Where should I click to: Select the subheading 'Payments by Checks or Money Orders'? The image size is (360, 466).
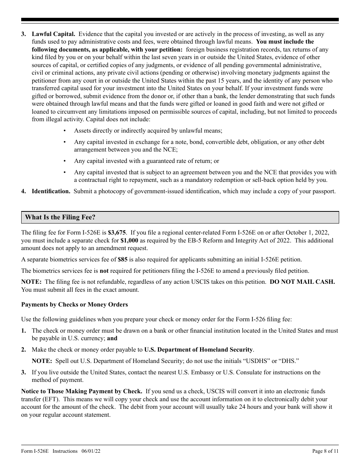[x=75, y=305]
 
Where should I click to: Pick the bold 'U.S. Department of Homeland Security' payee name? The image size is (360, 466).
[x=198, y=350]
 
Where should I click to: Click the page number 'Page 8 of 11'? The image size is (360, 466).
[x=325, y=451]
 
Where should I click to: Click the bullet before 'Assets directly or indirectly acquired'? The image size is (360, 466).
[x=65, y=131]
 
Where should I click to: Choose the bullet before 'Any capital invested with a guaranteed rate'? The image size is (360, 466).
[x=65, y=161]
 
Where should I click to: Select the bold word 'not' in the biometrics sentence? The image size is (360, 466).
[x=104, y=271]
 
